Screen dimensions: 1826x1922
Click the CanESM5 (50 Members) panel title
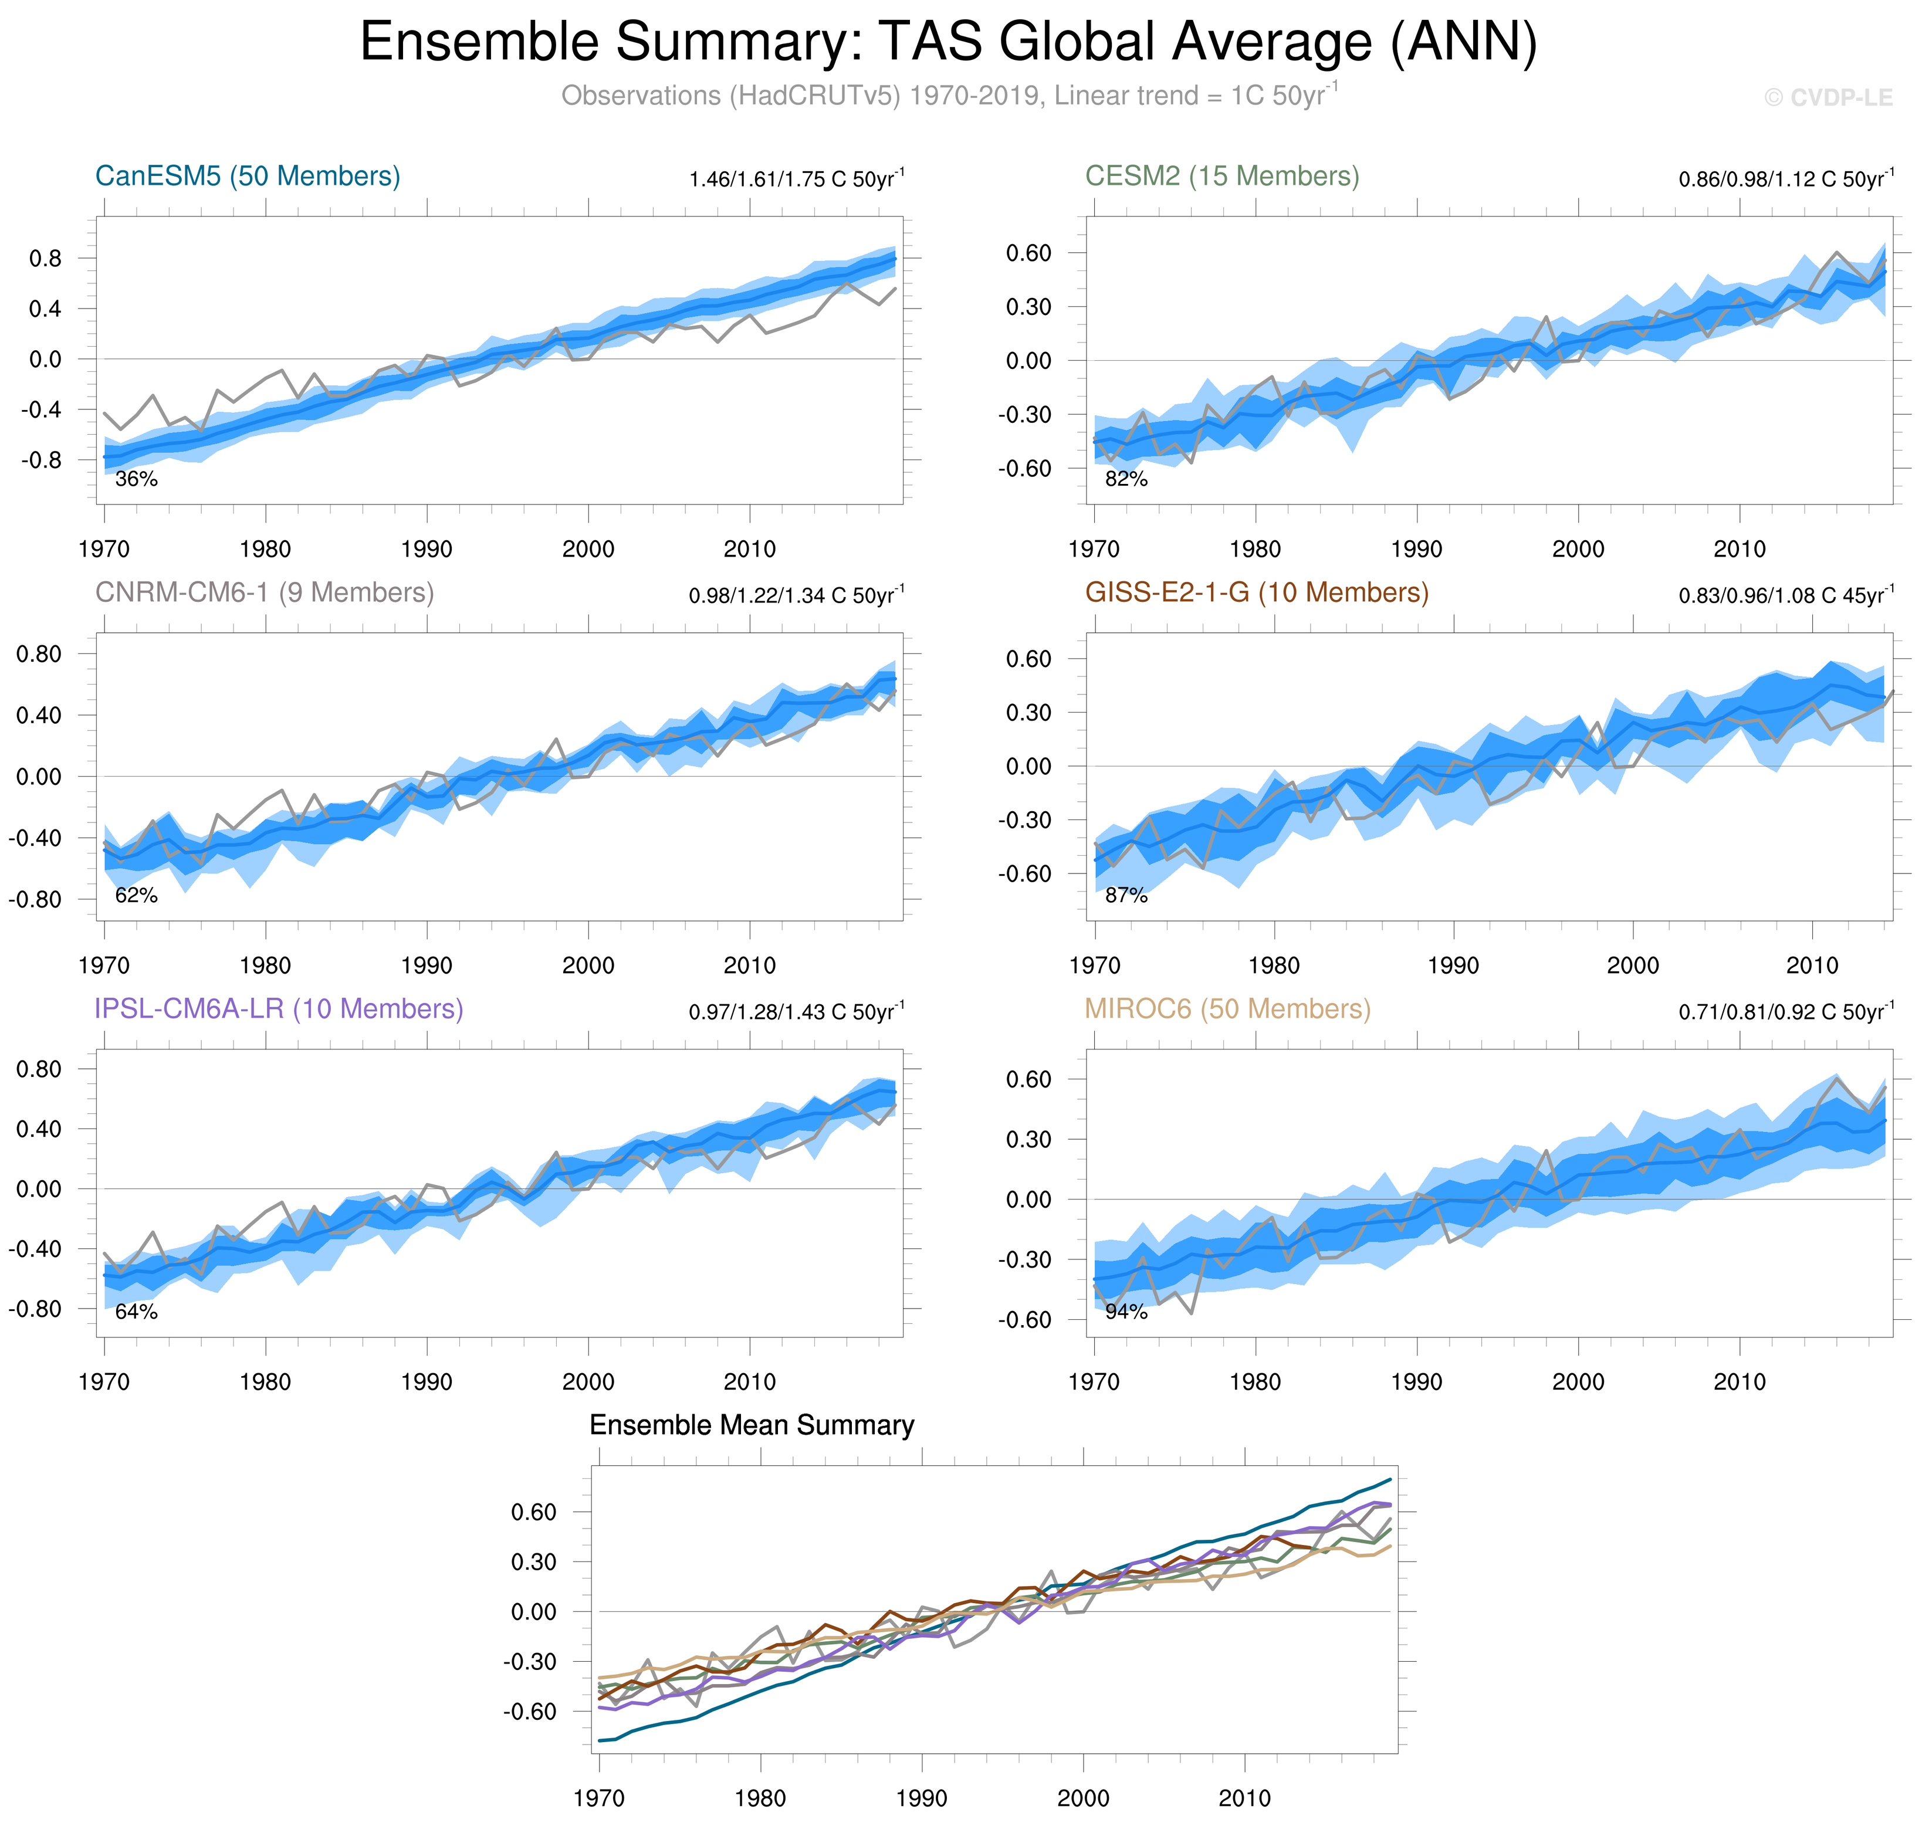(x=248, y=176)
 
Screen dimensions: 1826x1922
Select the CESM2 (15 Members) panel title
(x=1222, y=176)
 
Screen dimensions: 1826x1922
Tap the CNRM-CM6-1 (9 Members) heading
(x=264, y=593)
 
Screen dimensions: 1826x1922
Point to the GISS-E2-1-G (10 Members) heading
(x=1256, y=593)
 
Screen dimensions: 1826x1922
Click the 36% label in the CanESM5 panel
(x=136, y=479)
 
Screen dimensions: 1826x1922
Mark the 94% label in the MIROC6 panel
(x=1126, y=1312)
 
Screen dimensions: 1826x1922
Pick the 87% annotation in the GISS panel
(x=1126, y=896)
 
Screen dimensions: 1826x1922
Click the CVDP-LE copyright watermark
(x=1829, y=97)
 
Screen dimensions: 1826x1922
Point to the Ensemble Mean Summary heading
(x=752, y=1426)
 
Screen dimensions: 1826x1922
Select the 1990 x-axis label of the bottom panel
(x=921, y=1798)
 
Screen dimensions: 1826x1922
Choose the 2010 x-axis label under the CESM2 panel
(x=1739, y=549)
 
